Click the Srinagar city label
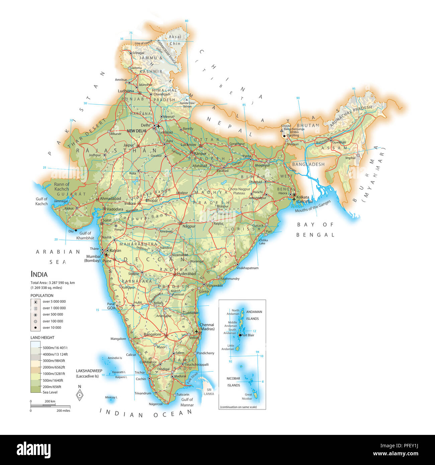coord(139,53)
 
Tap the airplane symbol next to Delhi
coord(159,126)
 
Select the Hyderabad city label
coord(186,274)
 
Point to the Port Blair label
coord(248,335)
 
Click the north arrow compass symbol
coord(80,395)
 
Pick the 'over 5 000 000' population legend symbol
coord(35,302)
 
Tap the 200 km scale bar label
coord(50,401)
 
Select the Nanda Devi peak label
coord(187,103)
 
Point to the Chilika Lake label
coord(263,242)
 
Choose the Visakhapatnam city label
coord(247,268)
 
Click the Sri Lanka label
coord(209,392)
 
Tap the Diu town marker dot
coord(76,230)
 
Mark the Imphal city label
coord(350,158)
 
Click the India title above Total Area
coord(39,274)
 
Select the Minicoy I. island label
coord(111,397)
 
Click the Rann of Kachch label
coord(62,187)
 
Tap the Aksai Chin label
coord(175,40)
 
